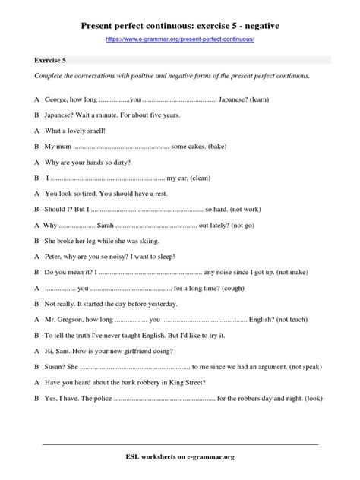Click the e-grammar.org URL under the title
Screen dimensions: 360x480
click(x=180, y=38)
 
